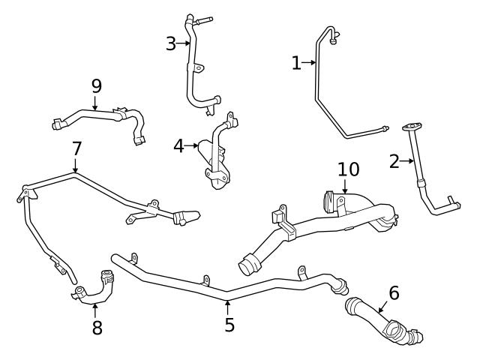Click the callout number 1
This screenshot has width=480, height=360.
[296, 64]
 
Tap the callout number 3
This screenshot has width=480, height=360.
[171, 43]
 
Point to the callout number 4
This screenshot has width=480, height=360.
[178, 145]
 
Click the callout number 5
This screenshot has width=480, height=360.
[229, 325]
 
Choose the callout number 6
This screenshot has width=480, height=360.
[394, 293]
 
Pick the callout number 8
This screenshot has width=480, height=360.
[97, 328]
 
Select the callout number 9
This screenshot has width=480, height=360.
[96, 85]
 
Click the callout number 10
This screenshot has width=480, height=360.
[348, 169]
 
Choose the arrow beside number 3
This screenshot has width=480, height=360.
[184, 43]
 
